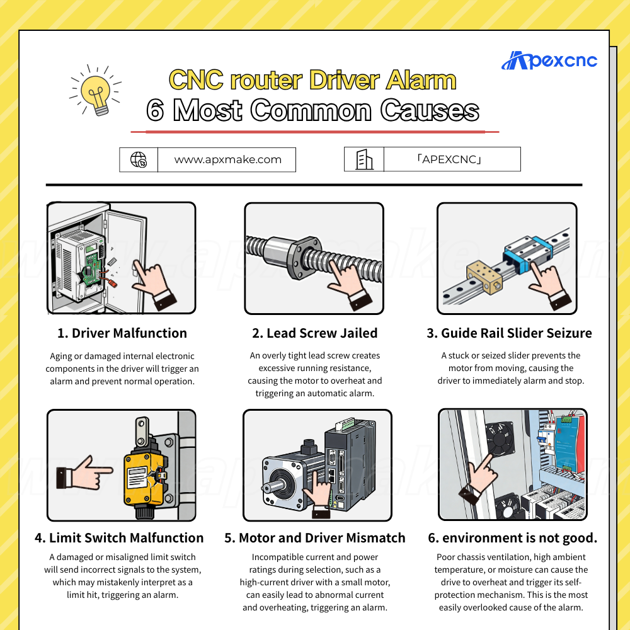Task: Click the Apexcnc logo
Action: (549, 60)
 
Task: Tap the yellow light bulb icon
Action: (96, 91)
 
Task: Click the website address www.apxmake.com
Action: (228, 159)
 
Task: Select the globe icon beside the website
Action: (139, 159)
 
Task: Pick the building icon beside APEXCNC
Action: (364, 159)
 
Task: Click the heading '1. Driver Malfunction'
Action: (122, 333)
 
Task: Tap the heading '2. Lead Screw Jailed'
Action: (314, 333)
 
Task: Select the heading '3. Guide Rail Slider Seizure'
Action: (509, 333)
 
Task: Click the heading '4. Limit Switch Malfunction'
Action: (119, 537)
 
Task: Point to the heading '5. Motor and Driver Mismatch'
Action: (314, 537)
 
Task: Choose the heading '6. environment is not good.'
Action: (512, 537)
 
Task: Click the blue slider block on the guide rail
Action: (527, 254)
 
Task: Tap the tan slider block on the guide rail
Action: (484, 277)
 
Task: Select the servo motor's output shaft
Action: (272, 486)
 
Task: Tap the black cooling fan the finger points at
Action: (500, 438)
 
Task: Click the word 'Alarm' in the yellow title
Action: (421, 80)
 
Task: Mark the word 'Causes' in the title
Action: (430, 110)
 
